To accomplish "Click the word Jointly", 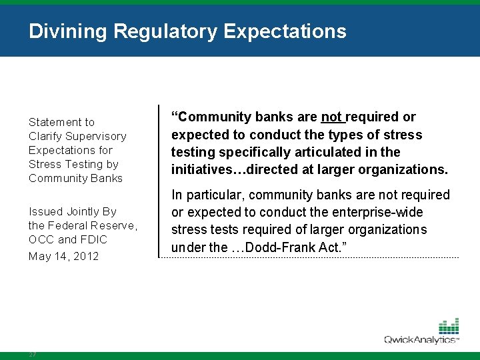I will tap(82, 211).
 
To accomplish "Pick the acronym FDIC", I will tap(93, 239).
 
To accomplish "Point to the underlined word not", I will tap(331, 117).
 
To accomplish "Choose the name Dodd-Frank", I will tap(289, 247).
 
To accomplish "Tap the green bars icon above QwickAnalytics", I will tap(449, 327).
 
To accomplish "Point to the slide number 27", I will tap(33, 355).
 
